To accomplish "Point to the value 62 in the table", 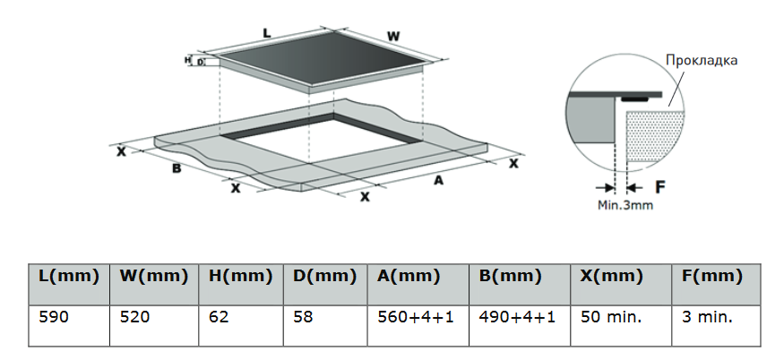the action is click(x=219, y=316).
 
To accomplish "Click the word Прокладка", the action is click(x=702, y=61).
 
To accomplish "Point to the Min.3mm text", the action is click(x=625, y=205).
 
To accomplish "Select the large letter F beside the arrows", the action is click(x=660, y=187).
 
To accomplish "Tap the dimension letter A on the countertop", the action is click(x=438, y=181).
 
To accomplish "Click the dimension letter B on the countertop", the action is click(x=177, y=168).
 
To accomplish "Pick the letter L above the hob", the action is click(x=267, y=33).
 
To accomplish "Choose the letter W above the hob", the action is click(x=393, y=37).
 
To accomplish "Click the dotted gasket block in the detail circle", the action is click(x=656, y=135).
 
